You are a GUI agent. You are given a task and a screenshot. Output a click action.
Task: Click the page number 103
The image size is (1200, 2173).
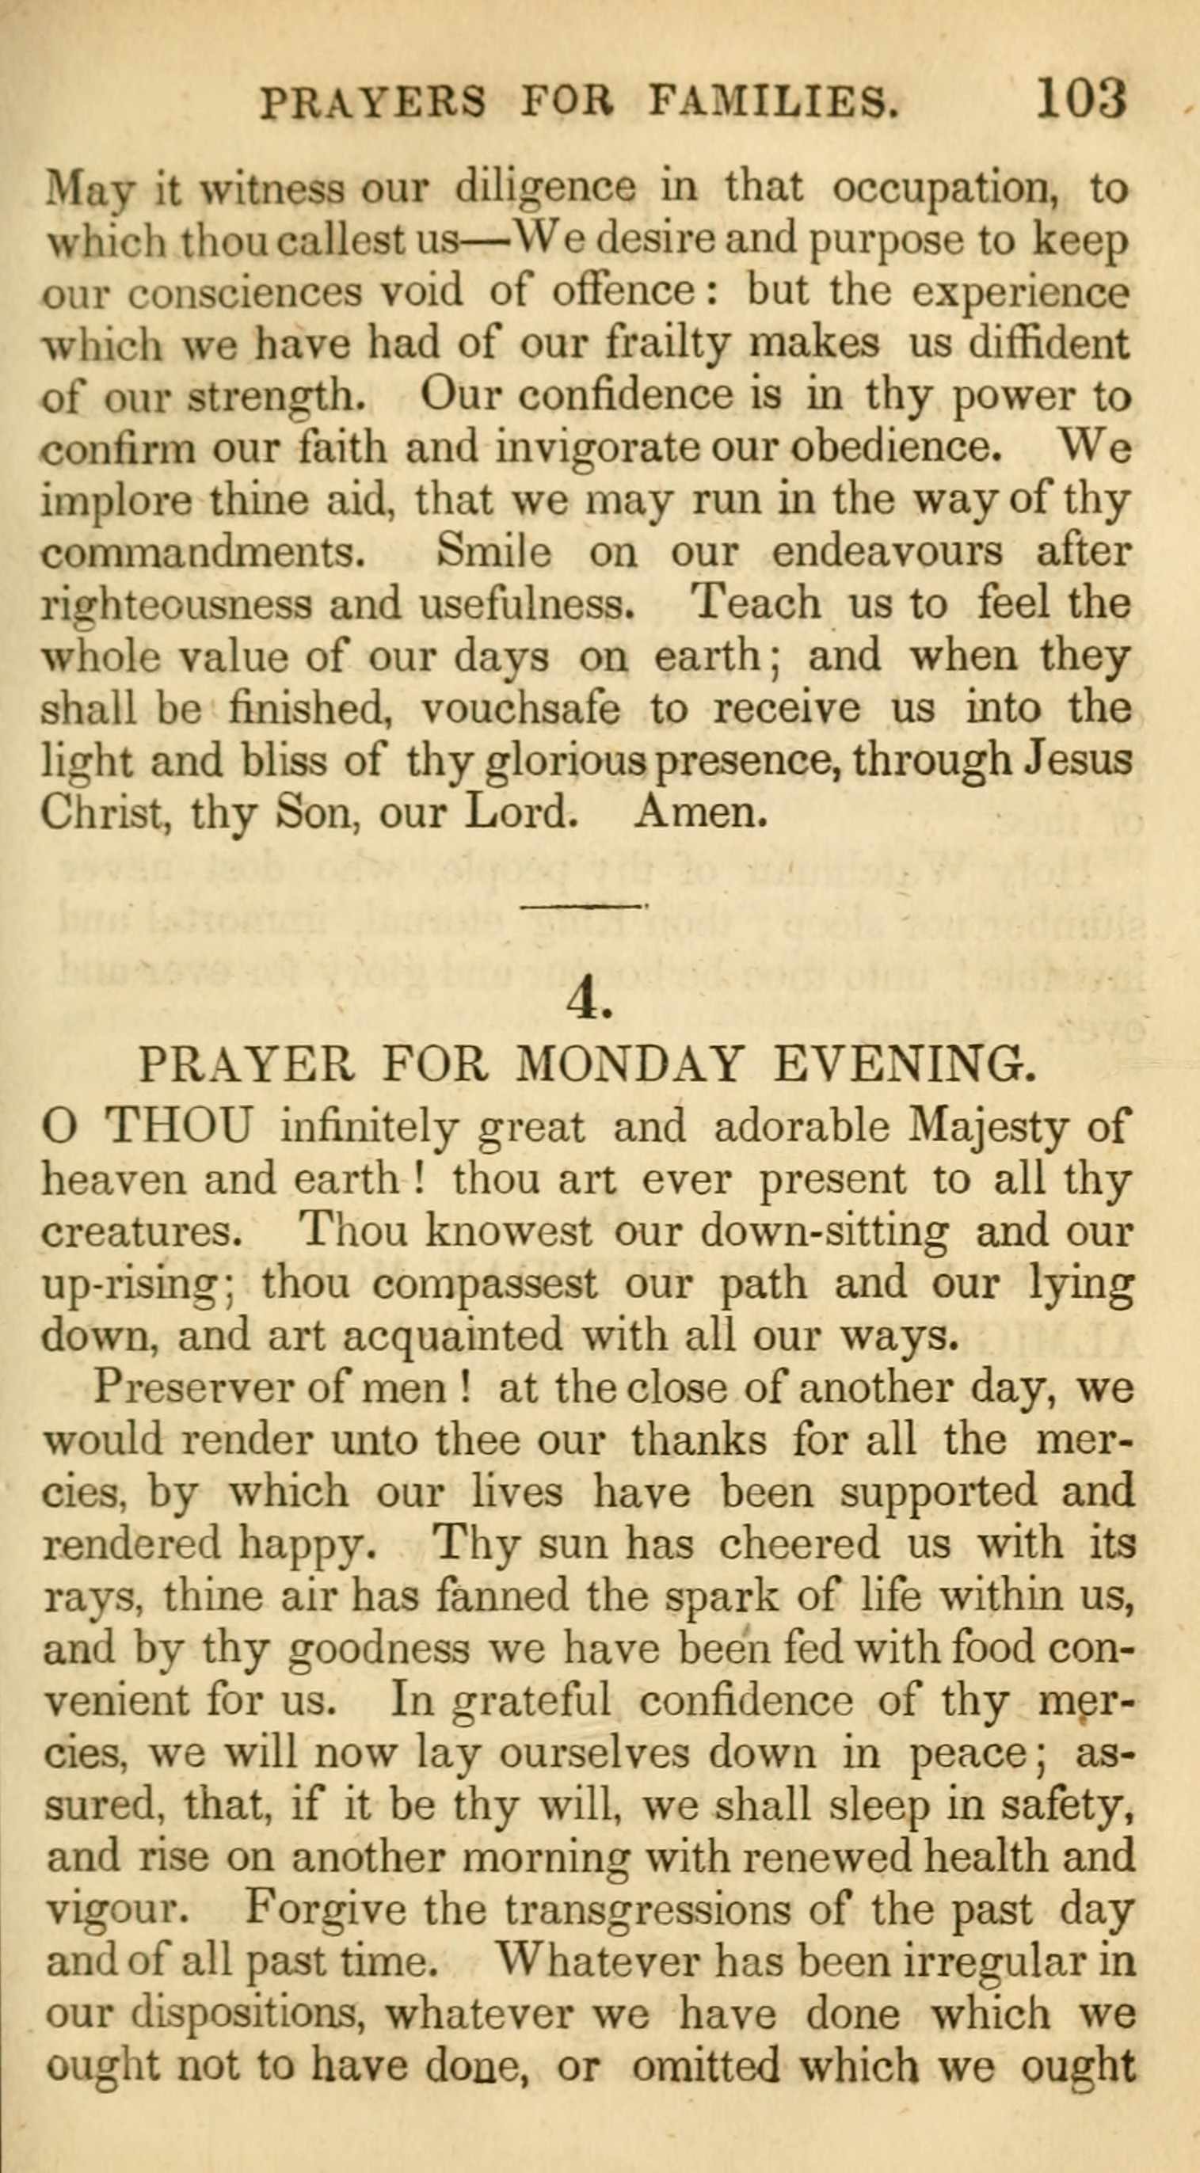tap(1081, 99)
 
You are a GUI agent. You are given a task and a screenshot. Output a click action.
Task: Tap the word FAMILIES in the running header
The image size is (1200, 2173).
tap(773, 103)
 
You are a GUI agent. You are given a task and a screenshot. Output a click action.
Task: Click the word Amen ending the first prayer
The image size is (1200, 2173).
tap(701, 812)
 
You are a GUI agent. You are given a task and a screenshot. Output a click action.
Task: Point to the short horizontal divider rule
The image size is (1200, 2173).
tap(583, 907)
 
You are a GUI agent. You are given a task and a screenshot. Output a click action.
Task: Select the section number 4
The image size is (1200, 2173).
tap(589, 1000)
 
